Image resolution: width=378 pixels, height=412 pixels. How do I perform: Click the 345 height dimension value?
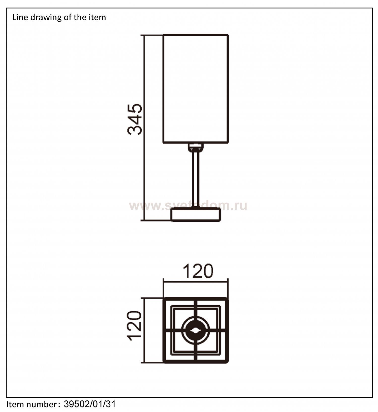point(135,119)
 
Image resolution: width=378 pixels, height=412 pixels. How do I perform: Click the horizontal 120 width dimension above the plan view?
point(198,271)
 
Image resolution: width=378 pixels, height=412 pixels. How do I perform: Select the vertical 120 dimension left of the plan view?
point(135,326)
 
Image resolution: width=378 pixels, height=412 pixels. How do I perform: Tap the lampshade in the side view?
point(196,89)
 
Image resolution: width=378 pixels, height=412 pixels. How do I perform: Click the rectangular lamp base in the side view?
point(196,215)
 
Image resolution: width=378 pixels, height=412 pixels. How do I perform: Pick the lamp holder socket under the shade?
point(195,147)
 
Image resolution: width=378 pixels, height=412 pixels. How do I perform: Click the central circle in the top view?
point(196,330)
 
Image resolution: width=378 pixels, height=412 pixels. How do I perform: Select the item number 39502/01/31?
point(90,404)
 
